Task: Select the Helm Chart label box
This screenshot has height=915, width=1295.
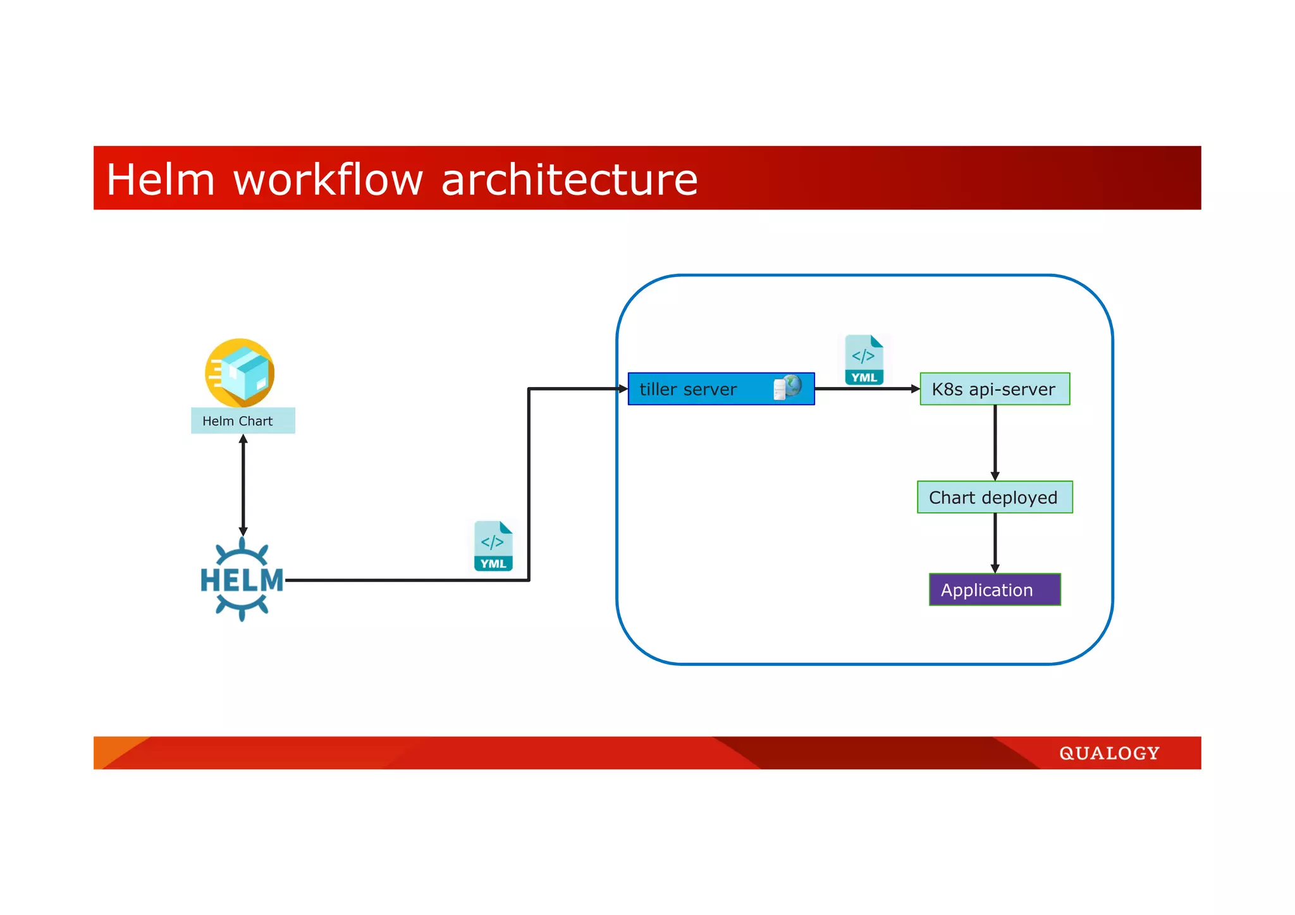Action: pyautogui.click(x=243, y=421)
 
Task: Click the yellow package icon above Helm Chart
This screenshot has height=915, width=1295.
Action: pyautogui.click(x=240, y=372)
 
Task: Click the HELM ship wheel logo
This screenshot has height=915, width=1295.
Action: pyautogui.click(x=242, y=579)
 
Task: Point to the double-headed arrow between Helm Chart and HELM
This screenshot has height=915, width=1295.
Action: pyautogui.click(x=243, y=485)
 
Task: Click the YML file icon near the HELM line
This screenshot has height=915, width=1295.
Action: pyautogui.click(x=493, y=546)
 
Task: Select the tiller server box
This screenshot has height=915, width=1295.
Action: pyautogui.click(x=696, y=389)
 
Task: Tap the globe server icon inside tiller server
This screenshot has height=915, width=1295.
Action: pyautogui.click(x=788, y=387)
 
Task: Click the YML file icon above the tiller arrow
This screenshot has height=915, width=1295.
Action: pyautogui.click(x=864, y=360)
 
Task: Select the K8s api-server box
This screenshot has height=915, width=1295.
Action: pyautogui.click(x=995, y=389)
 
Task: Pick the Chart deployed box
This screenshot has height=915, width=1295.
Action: pyautogui.click(x=995, y=497)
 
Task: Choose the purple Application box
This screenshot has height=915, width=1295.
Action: pyautogui.click(x=995, y=589)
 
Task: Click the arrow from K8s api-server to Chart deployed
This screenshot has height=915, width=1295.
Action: pyautogui.click(x=995, y=443)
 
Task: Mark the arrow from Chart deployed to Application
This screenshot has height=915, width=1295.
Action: pyautogui.click(x=995, y=543)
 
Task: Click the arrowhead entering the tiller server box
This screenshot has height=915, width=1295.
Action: pyautogui.click(x=623, y=389)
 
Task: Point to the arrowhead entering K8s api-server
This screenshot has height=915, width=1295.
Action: pyautogui.click(x=915, y=389)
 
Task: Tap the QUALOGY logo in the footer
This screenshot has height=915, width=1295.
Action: pyautogui.click(x=1109, y=753)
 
